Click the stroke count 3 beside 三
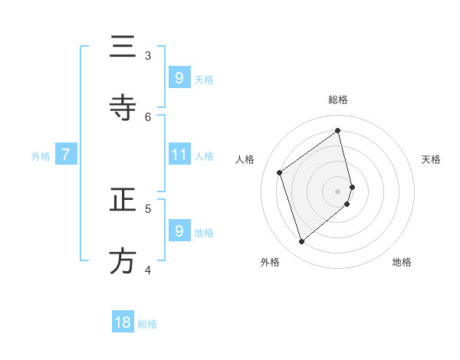(x=148, y=55)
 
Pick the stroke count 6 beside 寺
(x=148, y=116)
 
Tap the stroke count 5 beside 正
(x=148, y=208)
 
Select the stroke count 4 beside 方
(x=148, y=270)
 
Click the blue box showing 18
(x=123, y=322)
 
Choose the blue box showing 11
(x=179, y=155)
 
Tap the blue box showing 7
(x=66, y=155)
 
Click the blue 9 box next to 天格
(x=179, y=77)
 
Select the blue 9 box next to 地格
(x=179, y=231)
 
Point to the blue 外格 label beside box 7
(x=41, y=156)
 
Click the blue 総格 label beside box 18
(x=147, y=324)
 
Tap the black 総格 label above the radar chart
(x=338, y=100)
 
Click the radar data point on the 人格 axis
(x=280, y=172)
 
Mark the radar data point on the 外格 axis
(x=301, y=242)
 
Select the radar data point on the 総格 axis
(x=338, y=130)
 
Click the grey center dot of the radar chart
(x=338, y=191)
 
